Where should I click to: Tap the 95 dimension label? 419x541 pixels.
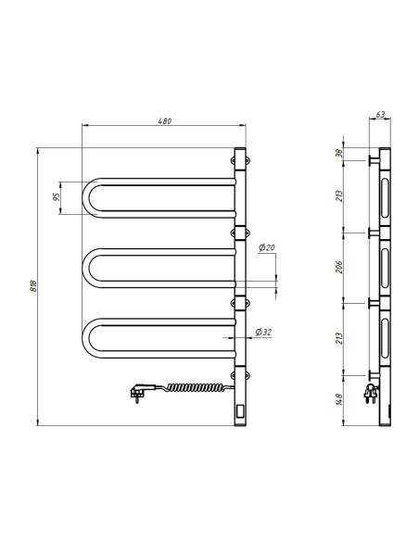(x=57, y=196)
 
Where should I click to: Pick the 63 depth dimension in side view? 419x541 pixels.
(x=381, y=116)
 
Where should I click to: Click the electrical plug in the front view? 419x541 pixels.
(x=138, y=394)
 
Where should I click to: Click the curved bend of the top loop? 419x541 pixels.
(x=88, y=196)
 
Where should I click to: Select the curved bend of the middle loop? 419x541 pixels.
(x=88, y=268)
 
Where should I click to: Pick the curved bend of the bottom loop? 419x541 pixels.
(x=88, y=338)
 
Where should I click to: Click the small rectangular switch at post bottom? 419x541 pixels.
(x=240, y=408)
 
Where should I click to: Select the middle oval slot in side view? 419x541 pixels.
(x=385, y=268)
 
